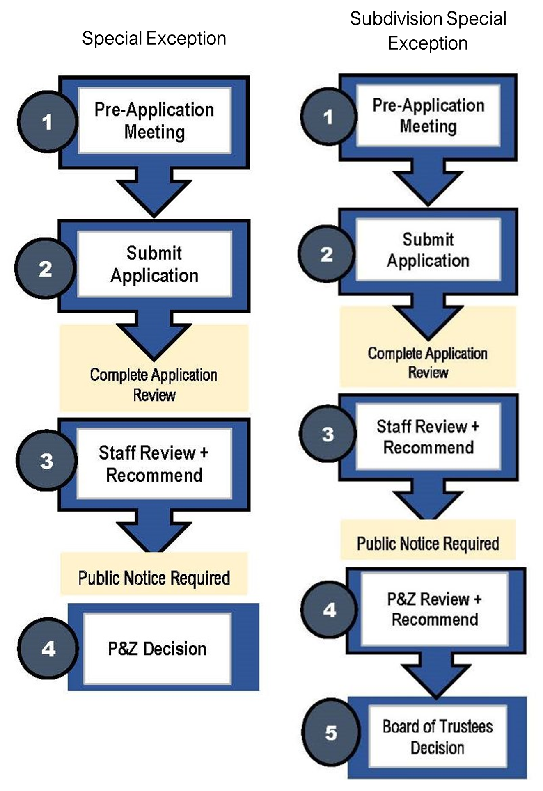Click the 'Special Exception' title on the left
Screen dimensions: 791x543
[x=154, y=39]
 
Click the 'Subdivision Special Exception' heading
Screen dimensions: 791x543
[x=428, y=31]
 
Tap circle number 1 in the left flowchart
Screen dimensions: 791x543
[x=47, y=122]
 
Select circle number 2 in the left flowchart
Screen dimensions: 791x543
[x=45, y=269]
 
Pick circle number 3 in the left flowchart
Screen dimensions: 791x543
[x=47, y=460]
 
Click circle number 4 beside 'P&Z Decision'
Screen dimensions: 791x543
[x=48, y=649]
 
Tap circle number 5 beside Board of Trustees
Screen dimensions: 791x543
[x=331, y=733]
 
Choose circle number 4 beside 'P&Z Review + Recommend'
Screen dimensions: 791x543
[x=329, y=610]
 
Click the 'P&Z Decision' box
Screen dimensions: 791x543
[x=157, y=649]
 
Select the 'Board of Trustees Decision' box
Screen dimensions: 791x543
[x=438, y=737]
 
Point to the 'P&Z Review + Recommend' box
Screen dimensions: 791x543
[x=435, y=609]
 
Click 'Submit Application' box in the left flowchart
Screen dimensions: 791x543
[x=154, y=264]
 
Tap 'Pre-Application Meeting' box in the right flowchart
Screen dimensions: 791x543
[x=428, y=116]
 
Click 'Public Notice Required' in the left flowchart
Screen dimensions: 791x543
[x=154, y=578]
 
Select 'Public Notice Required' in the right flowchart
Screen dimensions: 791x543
[x=428, y=544]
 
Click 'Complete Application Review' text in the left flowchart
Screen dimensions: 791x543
[x=154, y=385]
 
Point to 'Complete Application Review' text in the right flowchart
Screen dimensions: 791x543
[x=428, y=363]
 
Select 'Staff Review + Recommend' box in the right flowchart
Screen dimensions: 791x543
[x=428, y=437]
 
